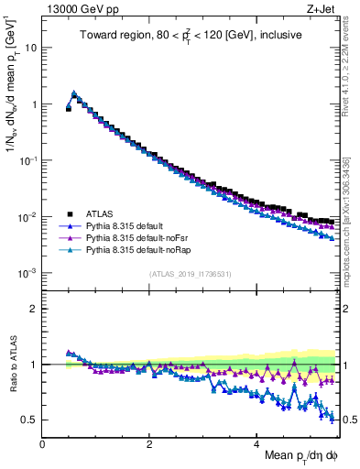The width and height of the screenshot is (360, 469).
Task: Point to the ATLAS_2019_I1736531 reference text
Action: tap(190, 274)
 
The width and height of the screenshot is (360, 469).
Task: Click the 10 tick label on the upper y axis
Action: tap(29, 48)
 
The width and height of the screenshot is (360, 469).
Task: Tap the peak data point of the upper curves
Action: tap(74, 93)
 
